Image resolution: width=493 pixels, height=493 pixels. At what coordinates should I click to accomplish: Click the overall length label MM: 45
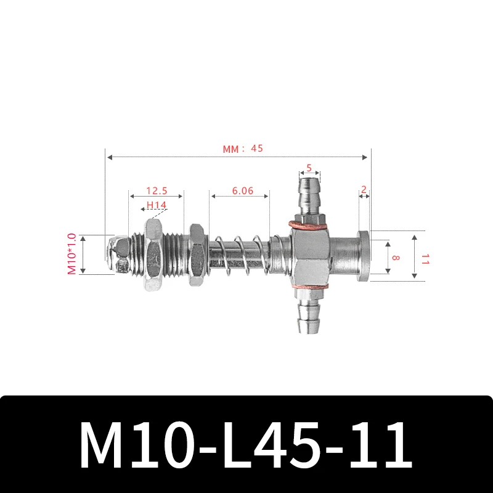[x=243, y=149]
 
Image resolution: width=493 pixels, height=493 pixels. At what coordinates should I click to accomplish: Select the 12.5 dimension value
[x=156, y=191]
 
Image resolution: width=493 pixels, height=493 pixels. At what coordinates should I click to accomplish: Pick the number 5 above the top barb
[x=309, y=167]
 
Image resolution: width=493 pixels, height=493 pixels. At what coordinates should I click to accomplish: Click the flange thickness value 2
[x=364, y=190]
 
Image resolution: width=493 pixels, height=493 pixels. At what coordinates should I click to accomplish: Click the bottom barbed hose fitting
[x=309, y=314]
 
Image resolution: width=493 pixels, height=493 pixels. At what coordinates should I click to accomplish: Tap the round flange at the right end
[x=363, y=256]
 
